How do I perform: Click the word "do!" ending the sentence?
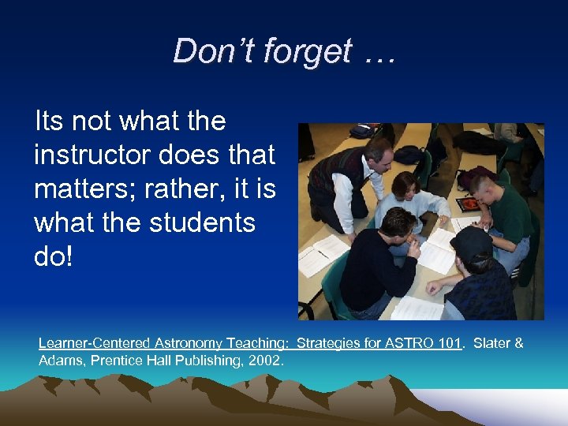[x=53, y=257]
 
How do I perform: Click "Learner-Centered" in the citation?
[x=89, y=344]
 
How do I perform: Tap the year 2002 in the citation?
[x=264, y=360]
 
